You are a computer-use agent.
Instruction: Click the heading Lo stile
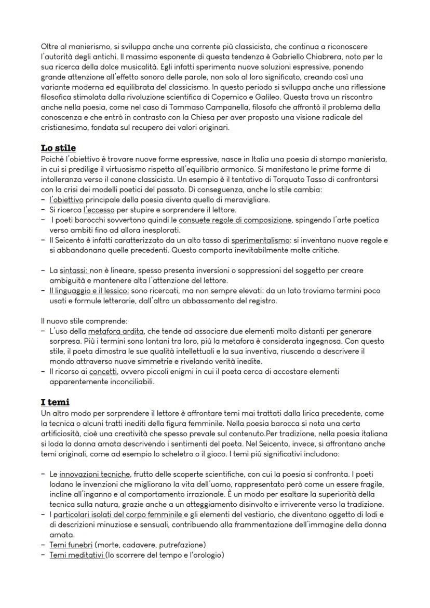point(58,148)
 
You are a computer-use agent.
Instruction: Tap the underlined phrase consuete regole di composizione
point(234,220)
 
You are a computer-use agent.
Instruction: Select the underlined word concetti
point(103,372)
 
